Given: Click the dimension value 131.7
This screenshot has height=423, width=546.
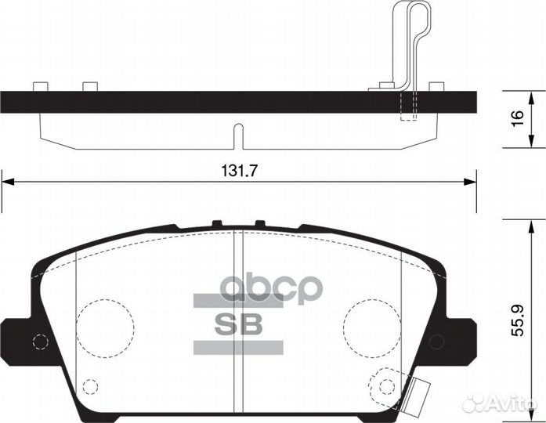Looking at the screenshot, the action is tap(239, 171).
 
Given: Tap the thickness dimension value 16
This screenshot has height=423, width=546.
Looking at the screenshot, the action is tap(518, 119).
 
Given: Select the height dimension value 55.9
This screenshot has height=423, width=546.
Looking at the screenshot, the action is tap(518, 320).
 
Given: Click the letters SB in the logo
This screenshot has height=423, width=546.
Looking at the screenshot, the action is tap(238, 324).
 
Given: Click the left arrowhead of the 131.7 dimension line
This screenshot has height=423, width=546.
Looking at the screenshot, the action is tap(8, 182).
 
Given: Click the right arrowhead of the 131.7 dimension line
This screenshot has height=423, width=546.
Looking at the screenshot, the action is tap(470, 182).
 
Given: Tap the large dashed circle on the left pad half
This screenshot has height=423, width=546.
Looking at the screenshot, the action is tap(105, 327).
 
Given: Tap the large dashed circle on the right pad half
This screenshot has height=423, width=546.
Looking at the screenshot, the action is tap(372, 327).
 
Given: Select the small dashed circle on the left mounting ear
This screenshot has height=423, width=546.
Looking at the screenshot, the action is tap(40, 342).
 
